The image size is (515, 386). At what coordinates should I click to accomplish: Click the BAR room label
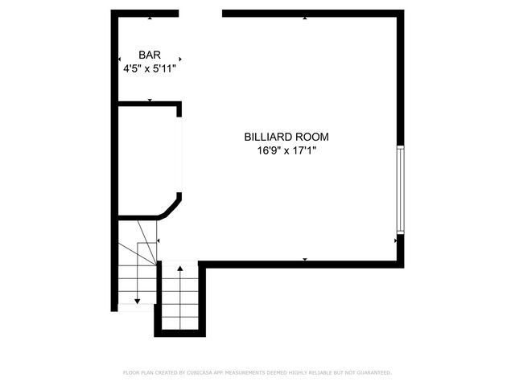[150, 55]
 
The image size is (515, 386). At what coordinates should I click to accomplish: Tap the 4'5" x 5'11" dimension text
[150, 68]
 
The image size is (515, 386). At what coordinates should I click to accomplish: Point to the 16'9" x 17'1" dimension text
[287, 150]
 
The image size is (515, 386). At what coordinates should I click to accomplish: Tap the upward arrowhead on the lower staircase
[180, 268]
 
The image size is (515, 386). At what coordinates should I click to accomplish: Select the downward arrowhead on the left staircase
[138, 300]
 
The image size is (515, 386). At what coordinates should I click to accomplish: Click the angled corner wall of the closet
[170, 209]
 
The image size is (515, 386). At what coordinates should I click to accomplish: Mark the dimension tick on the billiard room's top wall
[304, 18]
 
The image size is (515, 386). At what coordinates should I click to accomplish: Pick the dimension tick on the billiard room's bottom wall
[304, 258]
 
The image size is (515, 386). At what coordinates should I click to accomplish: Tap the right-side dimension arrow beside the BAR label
[180, 59]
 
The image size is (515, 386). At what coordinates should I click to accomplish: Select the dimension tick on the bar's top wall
[150, 18]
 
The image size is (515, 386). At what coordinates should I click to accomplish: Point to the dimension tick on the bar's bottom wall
[150, 100]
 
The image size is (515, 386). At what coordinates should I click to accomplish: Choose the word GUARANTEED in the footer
[372, 373]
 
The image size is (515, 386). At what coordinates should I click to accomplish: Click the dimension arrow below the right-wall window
[395, 239]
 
